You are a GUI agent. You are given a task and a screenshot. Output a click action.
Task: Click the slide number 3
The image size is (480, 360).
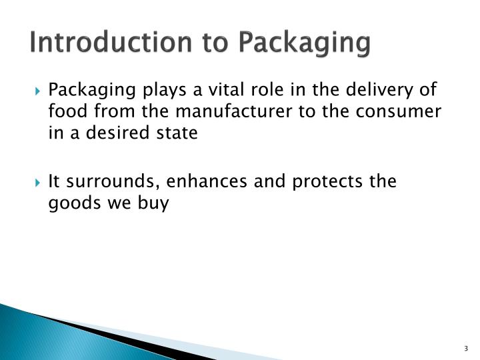coord(465,349)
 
